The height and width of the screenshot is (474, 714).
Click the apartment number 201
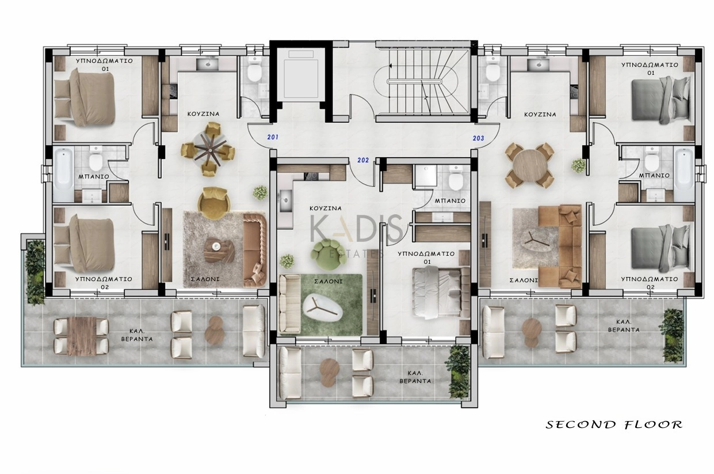273,137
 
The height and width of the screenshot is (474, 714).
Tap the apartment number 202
362,160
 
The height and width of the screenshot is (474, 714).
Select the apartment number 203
478,138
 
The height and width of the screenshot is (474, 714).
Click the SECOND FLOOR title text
614,424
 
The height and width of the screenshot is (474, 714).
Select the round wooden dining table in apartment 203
529,165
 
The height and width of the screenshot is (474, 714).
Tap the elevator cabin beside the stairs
301,76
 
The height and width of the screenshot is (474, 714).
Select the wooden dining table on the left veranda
82,336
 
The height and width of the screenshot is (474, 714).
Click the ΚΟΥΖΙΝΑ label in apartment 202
326,208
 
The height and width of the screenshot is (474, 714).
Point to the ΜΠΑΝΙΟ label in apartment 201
94,176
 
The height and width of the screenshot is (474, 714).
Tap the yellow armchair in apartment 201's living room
213,203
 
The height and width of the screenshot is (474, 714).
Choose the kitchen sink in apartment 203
539,64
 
